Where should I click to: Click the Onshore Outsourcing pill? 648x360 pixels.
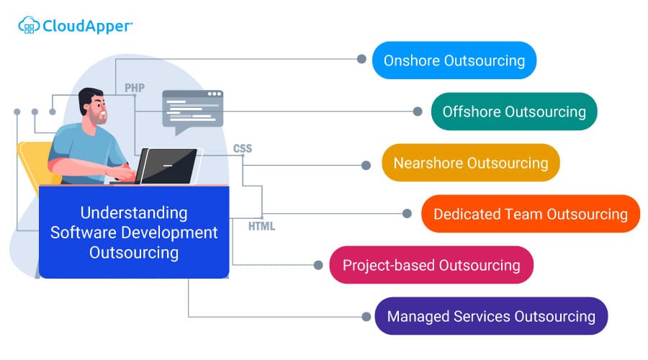[x=454, y=60]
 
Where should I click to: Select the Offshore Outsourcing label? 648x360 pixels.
[x=514, y=112]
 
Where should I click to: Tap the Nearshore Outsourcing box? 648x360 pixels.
[x=470, y=163]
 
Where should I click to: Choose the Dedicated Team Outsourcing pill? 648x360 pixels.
[x=530, y=214]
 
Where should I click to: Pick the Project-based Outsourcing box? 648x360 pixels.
[x=431, y=265]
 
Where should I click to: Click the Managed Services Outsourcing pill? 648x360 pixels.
[x=491, y=316]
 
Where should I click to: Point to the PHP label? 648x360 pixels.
[x=135, y=88]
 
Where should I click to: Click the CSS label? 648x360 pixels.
[x=243, y=149]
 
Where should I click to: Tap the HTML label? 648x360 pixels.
[x=261, y=226]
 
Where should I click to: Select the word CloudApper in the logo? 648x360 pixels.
[x=86, y=26]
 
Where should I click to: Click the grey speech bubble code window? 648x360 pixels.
[x=192, y=109]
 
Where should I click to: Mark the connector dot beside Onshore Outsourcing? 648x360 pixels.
[x=362, y=59]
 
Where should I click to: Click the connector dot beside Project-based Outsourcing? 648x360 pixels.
[x=318, y=265]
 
